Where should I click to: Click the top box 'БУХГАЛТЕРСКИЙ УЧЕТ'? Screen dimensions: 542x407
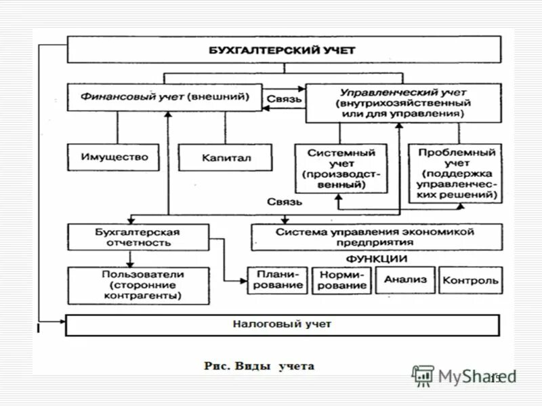[283, 50]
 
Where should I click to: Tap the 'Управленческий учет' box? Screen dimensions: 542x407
[403, 102]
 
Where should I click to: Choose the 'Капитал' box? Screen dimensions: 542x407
[226, 157]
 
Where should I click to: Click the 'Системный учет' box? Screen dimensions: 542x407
[341, 170]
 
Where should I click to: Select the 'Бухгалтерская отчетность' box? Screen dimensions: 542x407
[138, 237]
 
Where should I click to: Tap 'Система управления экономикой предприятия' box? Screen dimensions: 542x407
[376, 237]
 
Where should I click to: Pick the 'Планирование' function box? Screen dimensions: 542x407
[278, 279]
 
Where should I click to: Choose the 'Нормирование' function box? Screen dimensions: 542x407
[343, 279]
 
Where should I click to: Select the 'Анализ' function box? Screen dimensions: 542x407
[405, 279]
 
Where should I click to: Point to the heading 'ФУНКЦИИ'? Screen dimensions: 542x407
[377, 258]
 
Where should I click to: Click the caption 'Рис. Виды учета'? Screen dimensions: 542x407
[259, 366]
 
